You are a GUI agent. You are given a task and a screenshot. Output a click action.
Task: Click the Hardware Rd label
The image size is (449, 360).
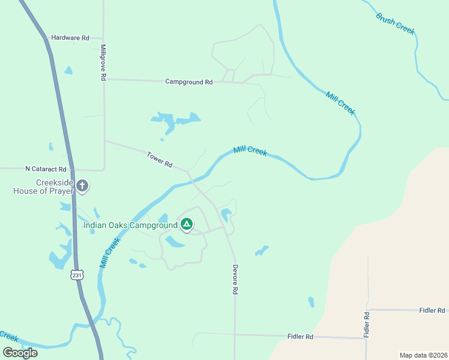tap(70, 37)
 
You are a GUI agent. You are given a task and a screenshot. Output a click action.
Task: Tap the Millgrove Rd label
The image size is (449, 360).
tap(103, 62)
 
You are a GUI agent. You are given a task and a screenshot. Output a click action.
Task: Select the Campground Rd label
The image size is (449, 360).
tap(189, 82)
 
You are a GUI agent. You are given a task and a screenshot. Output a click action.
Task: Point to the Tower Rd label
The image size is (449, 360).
tap(160, 160)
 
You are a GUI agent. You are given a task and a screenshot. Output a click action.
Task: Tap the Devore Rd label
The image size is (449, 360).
tap(236, 279)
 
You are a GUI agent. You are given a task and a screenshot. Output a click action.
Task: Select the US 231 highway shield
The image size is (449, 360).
tap(76, 274)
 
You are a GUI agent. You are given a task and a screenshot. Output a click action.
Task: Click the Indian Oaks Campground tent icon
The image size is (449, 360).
tap(187, 225)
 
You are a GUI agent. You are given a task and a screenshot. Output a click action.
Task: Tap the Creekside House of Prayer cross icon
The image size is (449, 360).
tap(82, 187)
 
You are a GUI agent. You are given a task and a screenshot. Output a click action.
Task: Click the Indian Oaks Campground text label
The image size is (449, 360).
tap(130, 226)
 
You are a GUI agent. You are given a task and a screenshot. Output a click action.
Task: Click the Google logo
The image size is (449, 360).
tap(20, 353)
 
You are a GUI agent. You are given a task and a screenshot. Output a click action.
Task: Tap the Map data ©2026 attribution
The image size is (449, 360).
tap(423, 355)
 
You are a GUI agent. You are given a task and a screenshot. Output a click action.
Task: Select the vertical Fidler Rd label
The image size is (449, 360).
tap(366, 323)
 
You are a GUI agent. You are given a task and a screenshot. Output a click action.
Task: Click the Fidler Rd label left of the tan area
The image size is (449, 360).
tap(301, 337)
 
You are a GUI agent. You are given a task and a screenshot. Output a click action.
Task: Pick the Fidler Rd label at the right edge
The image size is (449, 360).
tap(432, 310)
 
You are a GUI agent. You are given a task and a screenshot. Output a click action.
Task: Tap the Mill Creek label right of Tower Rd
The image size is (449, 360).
tap(250, 151)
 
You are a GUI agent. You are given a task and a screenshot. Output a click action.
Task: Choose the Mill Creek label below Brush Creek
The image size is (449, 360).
tap(341, 103)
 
